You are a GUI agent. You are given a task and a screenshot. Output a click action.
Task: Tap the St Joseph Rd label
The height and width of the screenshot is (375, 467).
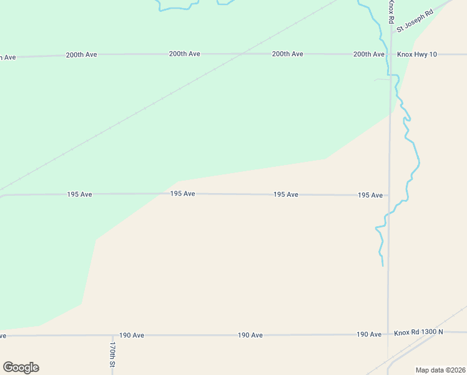point(415,22)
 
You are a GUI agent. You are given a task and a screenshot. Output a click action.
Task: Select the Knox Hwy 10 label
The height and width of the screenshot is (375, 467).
point(418,54)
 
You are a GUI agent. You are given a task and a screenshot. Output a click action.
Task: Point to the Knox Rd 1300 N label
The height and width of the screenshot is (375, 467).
point(418,332)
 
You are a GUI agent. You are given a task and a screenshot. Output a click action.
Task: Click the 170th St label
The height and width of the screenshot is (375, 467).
point(112,354)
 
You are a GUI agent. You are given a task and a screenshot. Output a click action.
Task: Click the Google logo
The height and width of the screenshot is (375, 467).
point(21,367)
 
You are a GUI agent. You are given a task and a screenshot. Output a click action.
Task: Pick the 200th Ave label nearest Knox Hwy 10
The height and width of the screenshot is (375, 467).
point(369,54)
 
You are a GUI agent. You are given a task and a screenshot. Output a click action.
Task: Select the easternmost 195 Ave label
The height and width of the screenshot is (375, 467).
point(370,195)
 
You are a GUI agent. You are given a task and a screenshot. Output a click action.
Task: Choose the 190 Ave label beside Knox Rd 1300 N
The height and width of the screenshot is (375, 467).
point(369,334)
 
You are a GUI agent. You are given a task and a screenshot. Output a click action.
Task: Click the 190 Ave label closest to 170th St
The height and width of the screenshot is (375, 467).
point(132,335)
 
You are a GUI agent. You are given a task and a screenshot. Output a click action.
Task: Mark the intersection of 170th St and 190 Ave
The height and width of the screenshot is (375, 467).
point(112,335)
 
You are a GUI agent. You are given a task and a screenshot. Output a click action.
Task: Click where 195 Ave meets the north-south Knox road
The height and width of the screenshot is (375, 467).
point(390,195)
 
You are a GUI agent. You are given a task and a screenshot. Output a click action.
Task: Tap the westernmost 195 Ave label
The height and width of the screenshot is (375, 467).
point(80,194)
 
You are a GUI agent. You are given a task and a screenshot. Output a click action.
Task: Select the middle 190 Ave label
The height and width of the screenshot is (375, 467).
point(250,335)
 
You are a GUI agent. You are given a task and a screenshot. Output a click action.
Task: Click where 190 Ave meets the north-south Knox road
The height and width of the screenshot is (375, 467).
point(388,334)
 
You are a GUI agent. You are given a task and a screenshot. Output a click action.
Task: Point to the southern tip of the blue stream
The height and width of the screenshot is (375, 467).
point(382,266)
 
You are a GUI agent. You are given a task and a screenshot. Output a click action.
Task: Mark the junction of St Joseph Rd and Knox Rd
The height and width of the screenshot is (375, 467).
point(392,31)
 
